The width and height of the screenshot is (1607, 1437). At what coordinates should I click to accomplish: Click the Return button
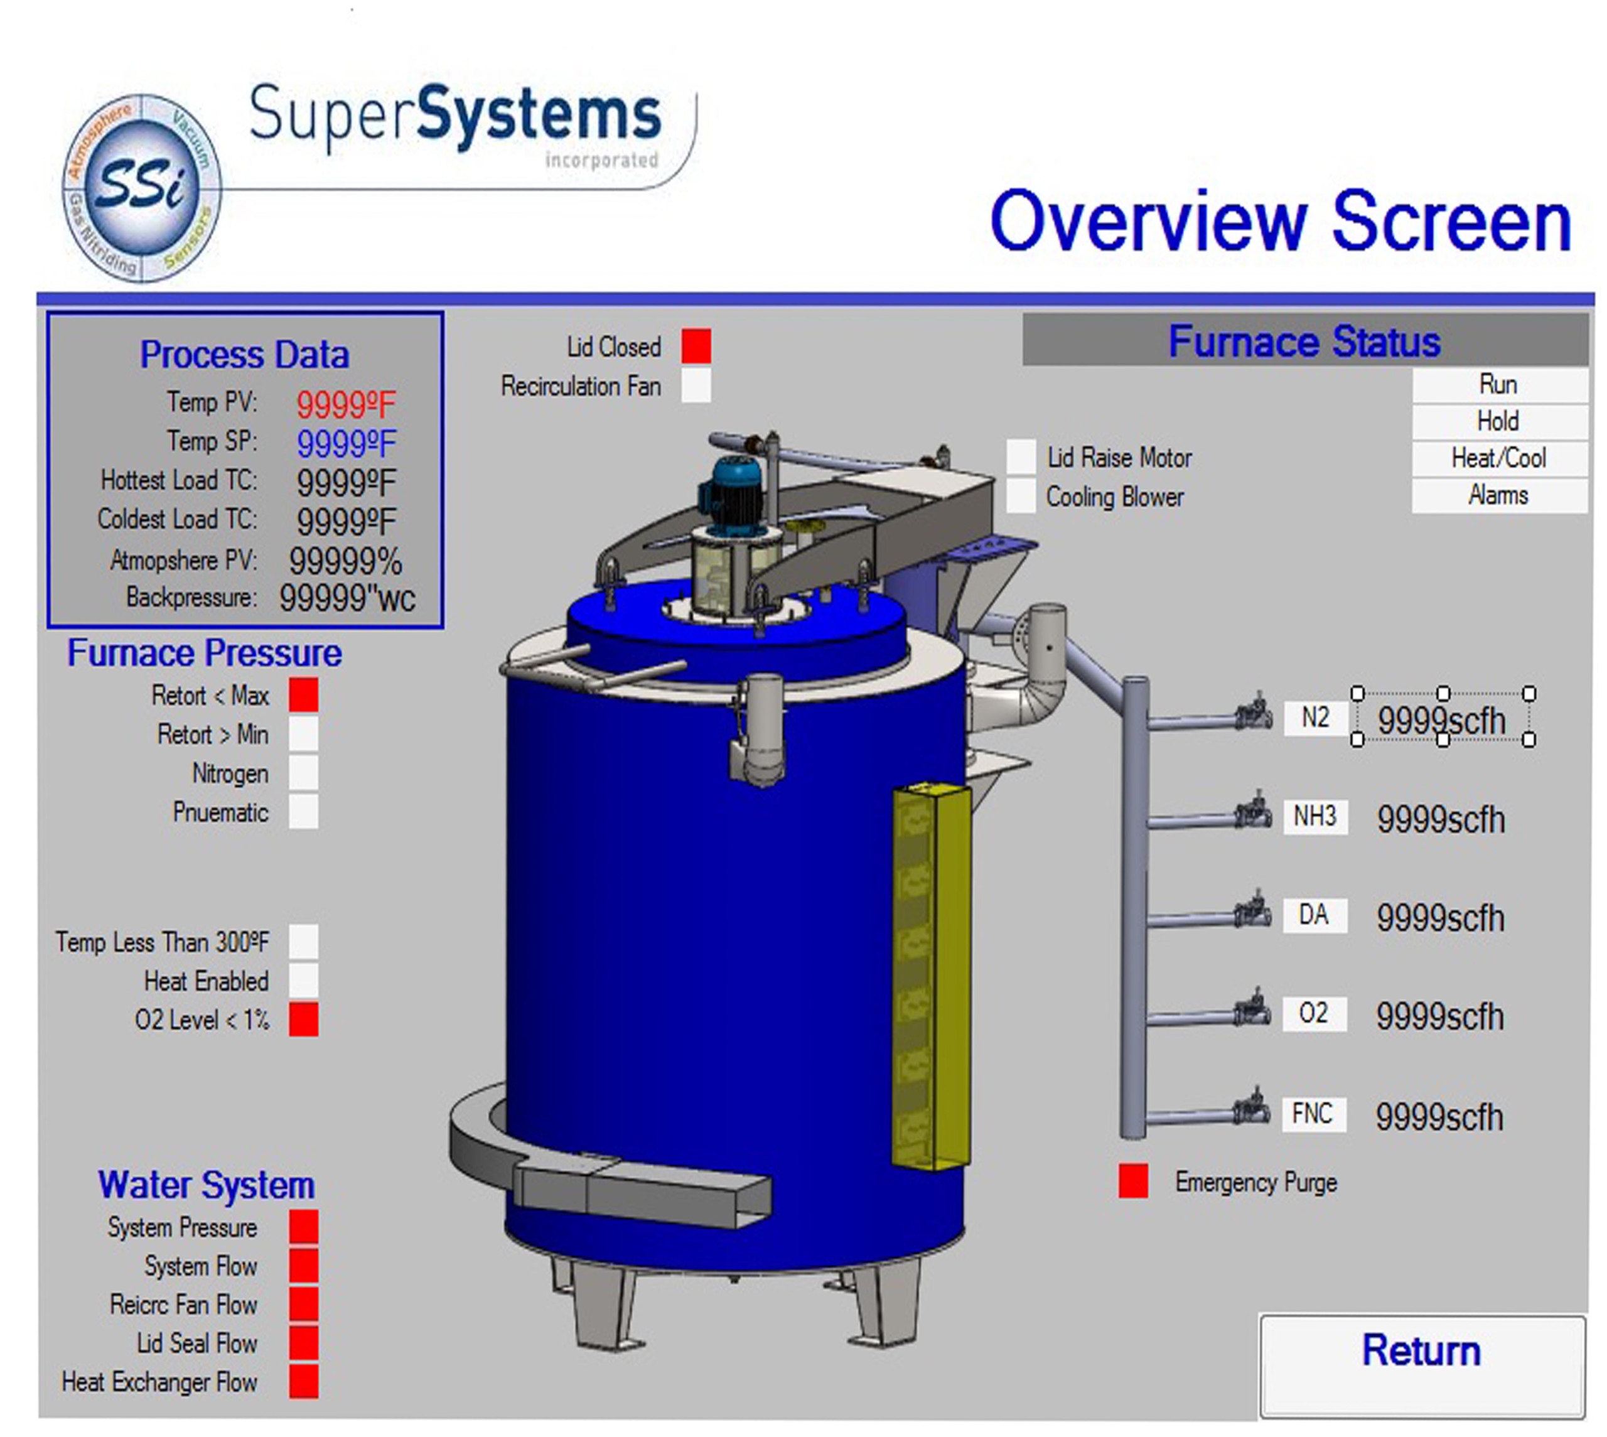[1422, 1365]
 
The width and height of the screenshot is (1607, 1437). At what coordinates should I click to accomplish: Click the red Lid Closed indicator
[696, 346]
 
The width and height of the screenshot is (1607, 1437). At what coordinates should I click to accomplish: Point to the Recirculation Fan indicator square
[696, 385]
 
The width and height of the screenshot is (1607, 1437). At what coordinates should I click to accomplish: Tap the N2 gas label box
[1315, 718]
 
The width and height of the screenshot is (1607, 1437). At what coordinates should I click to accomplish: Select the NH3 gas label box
[1315, 816]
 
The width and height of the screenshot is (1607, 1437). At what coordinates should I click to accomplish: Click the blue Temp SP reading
[346, 444]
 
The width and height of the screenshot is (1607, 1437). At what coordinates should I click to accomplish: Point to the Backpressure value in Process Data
[347, 598]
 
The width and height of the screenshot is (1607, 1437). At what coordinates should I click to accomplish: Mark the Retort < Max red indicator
[304, 695]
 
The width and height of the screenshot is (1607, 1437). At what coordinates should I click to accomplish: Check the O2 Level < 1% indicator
[304, 1018]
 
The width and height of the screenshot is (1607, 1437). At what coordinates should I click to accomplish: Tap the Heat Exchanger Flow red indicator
[304, 1382]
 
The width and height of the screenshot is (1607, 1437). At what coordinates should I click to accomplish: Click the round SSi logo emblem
[142, 188]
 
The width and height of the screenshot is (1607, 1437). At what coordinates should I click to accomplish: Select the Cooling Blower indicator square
[1021, 496]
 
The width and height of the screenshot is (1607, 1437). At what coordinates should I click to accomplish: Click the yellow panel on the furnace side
[932, 977]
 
